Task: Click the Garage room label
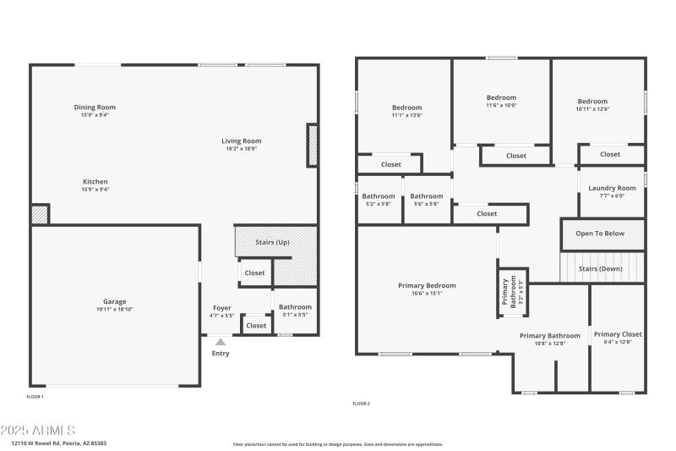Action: tap(115, 302)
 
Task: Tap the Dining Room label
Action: tap(95, 107)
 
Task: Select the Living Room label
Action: tap(241, 141)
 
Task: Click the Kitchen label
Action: tap(95, 182)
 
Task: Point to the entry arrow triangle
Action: tap(220, 342)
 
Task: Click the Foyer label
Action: tap(221, 308)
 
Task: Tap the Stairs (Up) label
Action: tap(272, 242)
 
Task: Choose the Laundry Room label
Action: tap(612, 188)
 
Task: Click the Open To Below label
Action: tap(602, 234)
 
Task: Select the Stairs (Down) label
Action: tap(600, 268)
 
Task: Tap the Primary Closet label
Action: tap(618, 334)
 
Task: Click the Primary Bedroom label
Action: tap(427, 286)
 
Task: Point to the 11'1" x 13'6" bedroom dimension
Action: tap(406, 116)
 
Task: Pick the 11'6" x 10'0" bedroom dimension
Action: tap(501, 106)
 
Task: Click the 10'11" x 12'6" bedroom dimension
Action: tap(592, 109)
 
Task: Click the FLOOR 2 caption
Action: tap(361, 404)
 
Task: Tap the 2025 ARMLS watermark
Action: tap(39, 431)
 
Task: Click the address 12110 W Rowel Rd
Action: tap(58, 443)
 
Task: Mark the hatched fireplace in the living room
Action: tap(312, 145)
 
